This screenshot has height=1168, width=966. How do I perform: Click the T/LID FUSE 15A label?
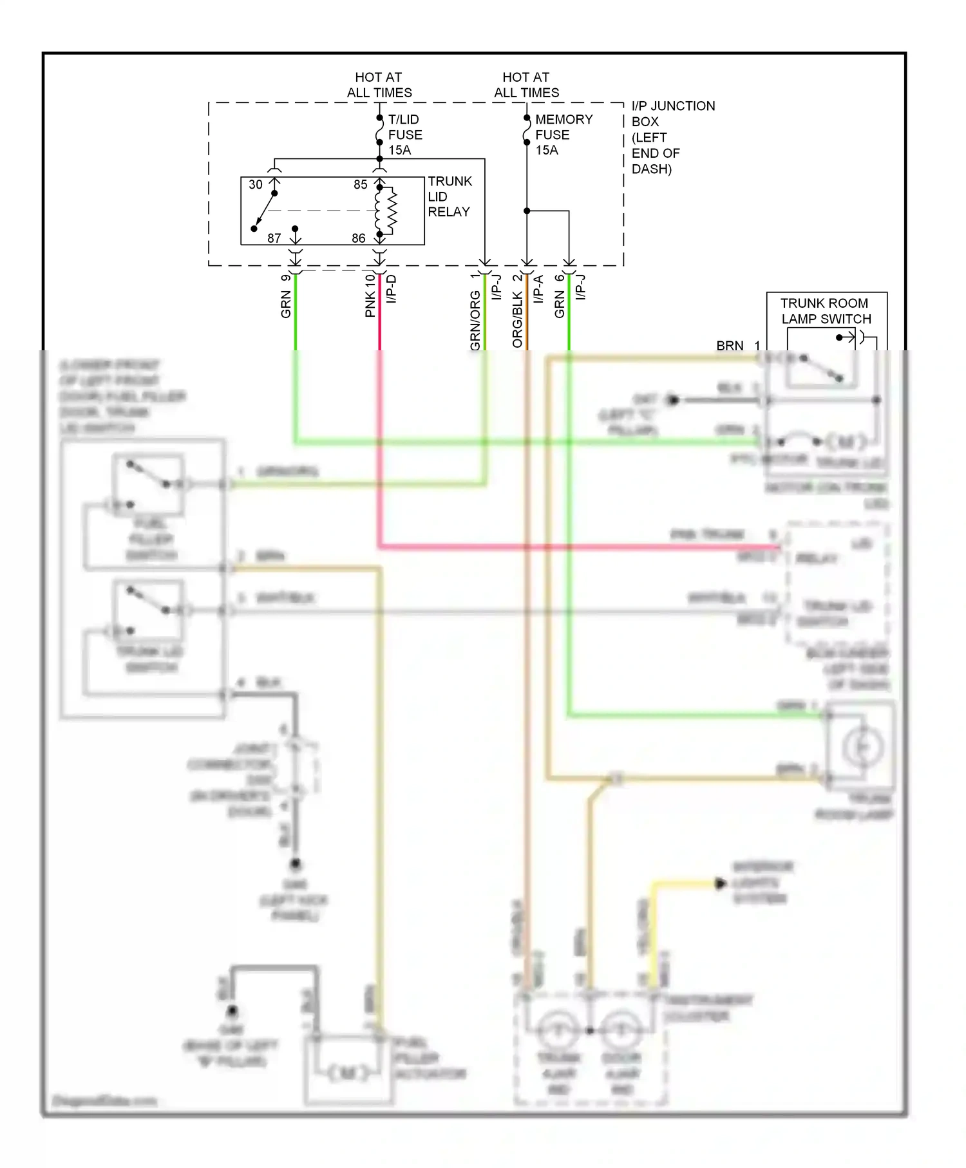pyautogui.click(x=404, y=135)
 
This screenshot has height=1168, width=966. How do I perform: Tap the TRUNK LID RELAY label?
pyautogui.click(x=449, y=196)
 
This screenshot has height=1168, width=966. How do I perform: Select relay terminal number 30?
pyautogui.click(x=256, y=185)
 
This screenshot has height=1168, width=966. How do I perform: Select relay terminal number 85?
pyautogui.click(x=360, y=185)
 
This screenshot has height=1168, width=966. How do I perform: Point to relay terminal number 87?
pyautogui.click(x=274, y=238)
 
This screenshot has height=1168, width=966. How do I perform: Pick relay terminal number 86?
pyautogui.click(x=359, y=238)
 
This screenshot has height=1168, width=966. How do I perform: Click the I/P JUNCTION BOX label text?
pyautogui.click(x=672, y=137)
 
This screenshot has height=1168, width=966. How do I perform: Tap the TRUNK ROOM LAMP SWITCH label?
pyautogui.click(x=826, y=311)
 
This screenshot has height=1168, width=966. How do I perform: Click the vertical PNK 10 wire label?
pyautogui.click(x=370, y=295)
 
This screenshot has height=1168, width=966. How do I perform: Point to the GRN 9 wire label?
pyautogui.click(x=286, y=296)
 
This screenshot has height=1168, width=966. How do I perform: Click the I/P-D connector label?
pyautogui.click(x=392, y=289)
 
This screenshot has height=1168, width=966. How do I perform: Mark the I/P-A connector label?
pyautogui.click(x=538, y=289)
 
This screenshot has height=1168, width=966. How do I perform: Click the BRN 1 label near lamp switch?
pyautogui.click(x=737, y=346)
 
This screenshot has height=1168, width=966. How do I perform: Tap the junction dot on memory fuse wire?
pyautogui.click(x=527, y=211)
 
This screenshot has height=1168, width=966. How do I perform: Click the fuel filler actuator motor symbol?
pyautogui.click(x=348, y=1073)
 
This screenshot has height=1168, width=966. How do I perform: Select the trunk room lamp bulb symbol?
pyautogui.click(x=862, y=746)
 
